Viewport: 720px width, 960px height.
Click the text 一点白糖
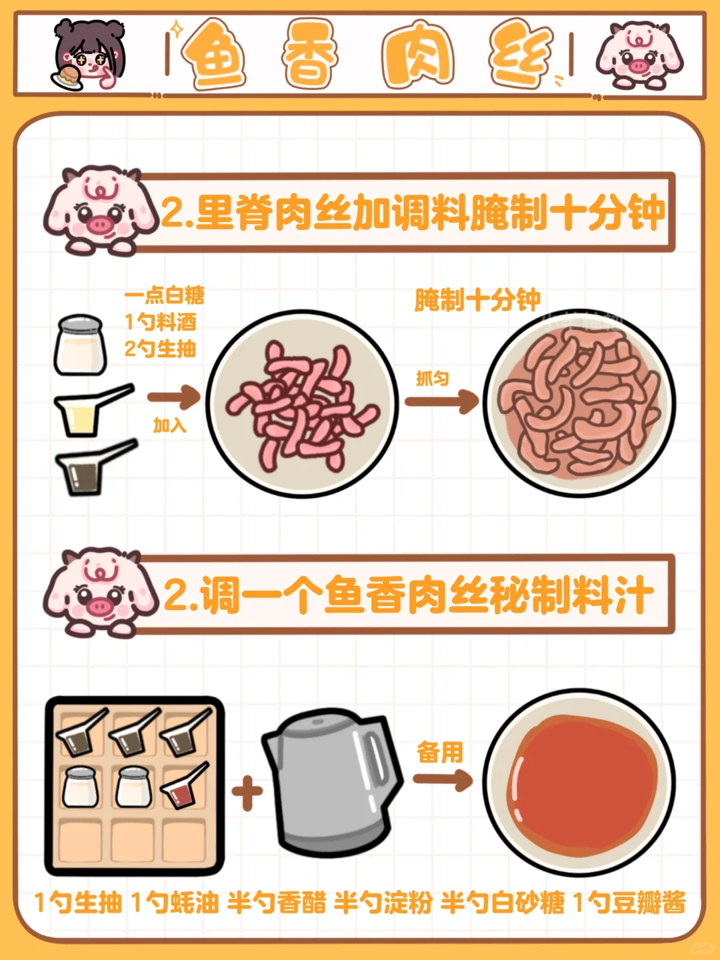(165, 295)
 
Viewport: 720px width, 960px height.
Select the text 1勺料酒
(161, 322)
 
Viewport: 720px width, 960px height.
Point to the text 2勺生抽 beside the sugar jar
(160, 349)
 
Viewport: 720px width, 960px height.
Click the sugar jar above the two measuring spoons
(81, 345)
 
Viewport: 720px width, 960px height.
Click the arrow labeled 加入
(173, 397)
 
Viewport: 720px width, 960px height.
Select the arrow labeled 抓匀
(441, 401)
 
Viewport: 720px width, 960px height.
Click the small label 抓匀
(433, 379)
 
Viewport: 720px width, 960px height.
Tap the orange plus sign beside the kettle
(247, 791)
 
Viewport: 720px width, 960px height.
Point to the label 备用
(440, 752)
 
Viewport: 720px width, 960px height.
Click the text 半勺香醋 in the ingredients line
(276, 902)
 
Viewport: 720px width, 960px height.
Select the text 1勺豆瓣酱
(629, 902)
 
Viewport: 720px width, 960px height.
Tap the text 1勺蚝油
(175, 902)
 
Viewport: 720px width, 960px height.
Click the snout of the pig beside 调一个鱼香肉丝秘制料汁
(99, 606)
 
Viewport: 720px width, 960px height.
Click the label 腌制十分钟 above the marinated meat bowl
(477, 300)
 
